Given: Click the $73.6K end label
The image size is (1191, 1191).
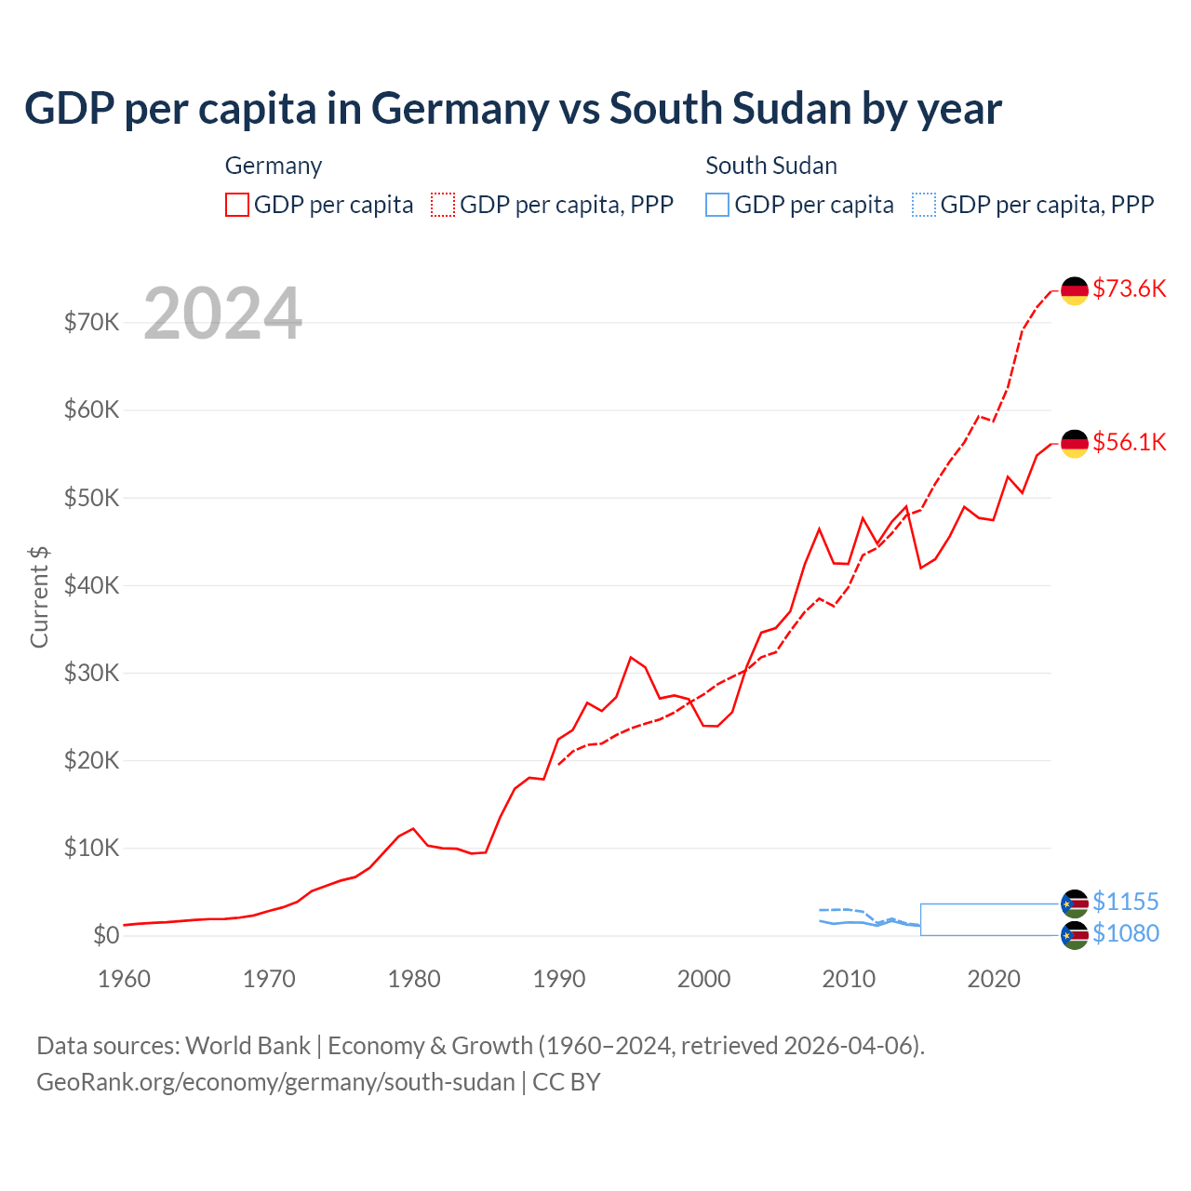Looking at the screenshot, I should coord(1129,288).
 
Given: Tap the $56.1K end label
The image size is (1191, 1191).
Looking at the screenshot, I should coord(1129,442).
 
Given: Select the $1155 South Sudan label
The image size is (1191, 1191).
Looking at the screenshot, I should coord(1125,902).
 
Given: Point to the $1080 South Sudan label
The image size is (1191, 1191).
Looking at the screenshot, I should coord(1125,933).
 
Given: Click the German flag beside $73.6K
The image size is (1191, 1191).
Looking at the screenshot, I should coord(1075,290).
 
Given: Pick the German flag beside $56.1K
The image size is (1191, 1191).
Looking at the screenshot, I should coord(1075,444).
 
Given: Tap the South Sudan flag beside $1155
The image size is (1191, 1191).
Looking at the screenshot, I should coord(1075,903).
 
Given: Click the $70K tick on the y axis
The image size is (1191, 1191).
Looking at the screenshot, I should coord(91,323).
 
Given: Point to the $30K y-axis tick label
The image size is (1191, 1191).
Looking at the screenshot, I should coord(91,673).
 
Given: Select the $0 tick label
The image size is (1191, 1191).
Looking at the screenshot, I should coord(106,935).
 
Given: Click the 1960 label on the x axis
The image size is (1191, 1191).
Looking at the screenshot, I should coord(124,979).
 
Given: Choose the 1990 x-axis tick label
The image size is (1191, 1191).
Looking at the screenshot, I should coord(559,979).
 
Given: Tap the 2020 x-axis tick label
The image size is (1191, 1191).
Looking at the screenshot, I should coord(994,979).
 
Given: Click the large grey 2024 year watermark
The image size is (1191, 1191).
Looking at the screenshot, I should coord(222,314).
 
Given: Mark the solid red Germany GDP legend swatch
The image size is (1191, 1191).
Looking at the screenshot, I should coord(237,205).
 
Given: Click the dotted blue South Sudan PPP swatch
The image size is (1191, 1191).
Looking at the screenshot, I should coord(924,205).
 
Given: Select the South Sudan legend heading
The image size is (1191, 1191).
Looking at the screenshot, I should coord(771,166).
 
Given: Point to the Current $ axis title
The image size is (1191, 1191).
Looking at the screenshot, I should coord(39,596).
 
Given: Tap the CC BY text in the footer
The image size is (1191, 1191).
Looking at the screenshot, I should coord(567,1082).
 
